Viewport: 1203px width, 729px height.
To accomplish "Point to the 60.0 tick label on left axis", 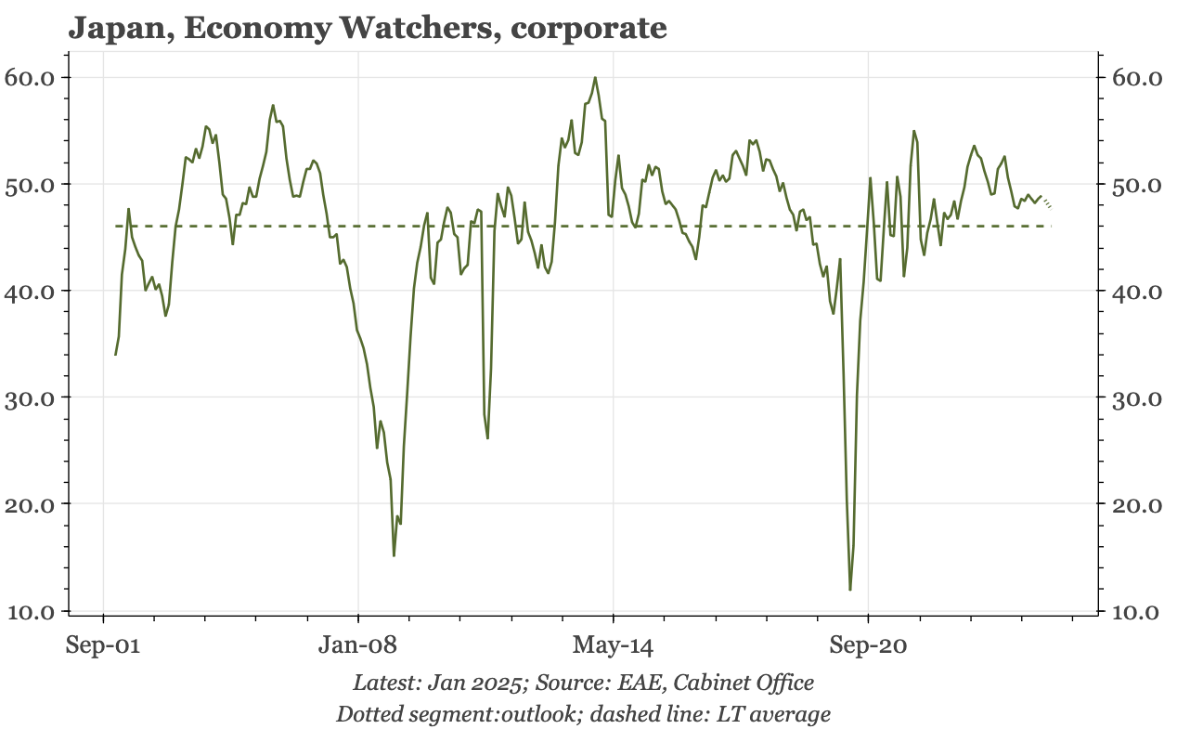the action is pyautogui.click(x=30, y=78).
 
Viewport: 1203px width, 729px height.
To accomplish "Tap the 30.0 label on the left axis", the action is pyautogui.click(x=30, y=398).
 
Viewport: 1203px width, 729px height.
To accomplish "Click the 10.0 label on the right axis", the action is pyautogui.click(x=1135, y=612).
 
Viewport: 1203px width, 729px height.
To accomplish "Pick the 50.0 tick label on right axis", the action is pyautogui.click(x=1136, y=186).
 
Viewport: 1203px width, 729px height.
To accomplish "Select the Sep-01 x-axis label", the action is pyautogui.click(x=103, y=644).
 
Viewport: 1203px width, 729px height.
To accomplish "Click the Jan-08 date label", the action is pyautogui.click(x=357, y=644).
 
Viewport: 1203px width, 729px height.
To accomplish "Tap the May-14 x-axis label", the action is pyautogui.click(x=613, y=645).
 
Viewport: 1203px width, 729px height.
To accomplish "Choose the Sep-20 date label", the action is pyautogui.click(x=868, y=645).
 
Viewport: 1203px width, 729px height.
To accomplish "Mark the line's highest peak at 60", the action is pyautogui.click(x=595, y=78).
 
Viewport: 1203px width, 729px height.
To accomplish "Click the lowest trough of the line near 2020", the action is pyautogui.click(x=850, y=590).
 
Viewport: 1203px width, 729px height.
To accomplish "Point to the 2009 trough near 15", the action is pyautogui.click(x=394, y=555).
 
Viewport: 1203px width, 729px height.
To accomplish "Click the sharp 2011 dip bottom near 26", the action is pyautogui.click(x=487, y=438).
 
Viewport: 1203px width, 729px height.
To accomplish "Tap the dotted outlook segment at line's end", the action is pyautogui.click(x=1046, y=202).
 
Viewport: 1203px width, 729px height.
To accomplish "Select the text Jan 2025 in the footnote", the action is pyautogui.click(x=474, y=683).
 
